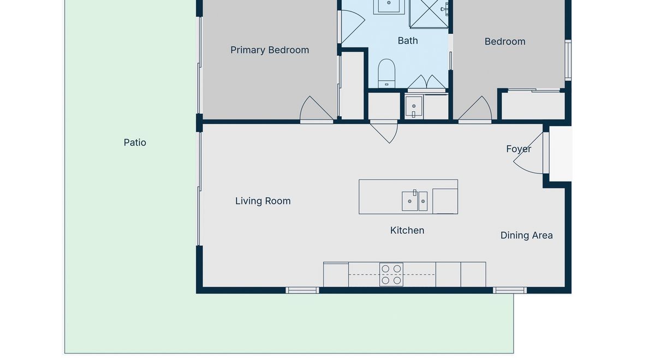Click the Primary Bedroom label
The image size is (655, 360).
coord(270,50)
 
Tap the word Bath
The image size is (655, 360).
coord(408,40)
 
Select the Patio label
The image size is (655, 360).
coord(135,142)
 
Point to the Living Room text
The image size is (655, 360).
coord(263,201)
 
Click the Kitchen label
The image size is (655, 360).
coord(407,231)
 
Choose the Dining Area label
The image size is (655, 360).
coord(526,236)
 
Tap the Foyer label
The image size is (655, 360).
coord(519,149)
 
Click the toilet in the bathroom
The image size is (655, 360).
coord(386,73)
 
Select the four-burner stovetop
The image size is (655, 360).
coord(391,275)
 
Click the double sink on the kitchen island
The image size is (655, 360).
coord(415,201)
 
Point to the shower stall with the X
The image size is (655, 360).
coord(429,14)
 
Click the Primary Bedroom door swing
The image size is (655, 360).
coord(317,108)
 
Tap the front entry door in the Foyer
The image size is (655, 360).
coord(530,153)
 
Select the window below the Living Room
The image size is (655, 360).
coord(302,290)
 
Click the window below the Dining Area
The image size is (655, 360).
coord(510,290)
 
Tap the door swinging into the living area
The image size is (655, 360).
coord(384,132)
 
